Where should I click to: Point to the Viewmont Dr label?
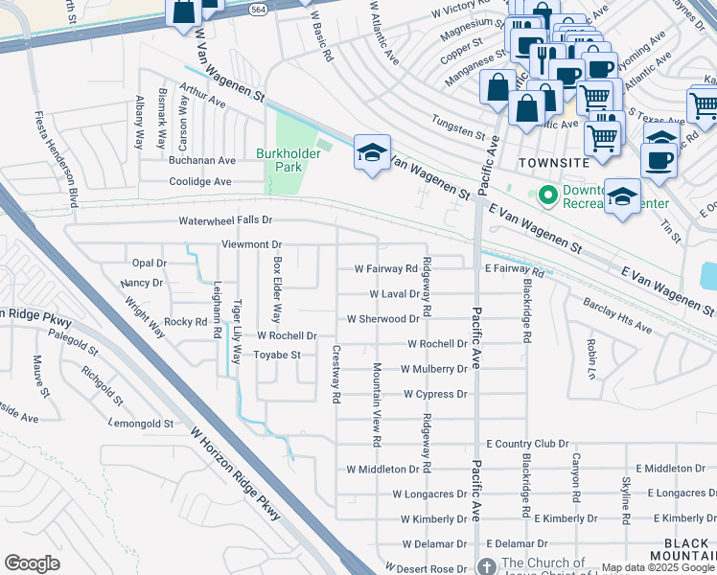pyautogui.click(x=251, y=245)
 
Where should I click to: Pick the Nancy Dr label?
pyautogui.click(x=142, y=284)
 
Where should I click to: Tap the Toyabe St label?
pyautogui.click(x=276, y=355)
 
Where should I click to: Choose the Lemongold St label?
pyautogui.click(x=141, y=423)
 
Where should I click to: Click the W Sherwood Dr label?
pyautogui.click(x=382, y=319)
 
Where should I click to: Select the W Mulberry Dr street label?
pyautogui.click(x=434, y=369)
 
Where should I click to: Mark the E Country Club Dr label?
pyautogui.click(x=527, y=444)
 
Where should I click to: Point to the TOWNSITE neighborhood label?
pyautogui.click(x=551, y=163)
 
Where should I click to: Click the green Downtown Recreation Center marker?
pyautogui.click(x=548, y=195)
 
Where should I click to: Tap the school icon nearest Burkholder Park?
pyautogui.click(x=372, y=152)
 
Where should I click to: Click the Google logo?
pyautogui.click(x=32, y=563)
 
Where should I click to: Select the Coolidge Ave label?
pyautogui.click(x=200, y=181)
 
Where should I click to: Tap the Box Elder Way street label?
pyautogui.click(x=277, y=290)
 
